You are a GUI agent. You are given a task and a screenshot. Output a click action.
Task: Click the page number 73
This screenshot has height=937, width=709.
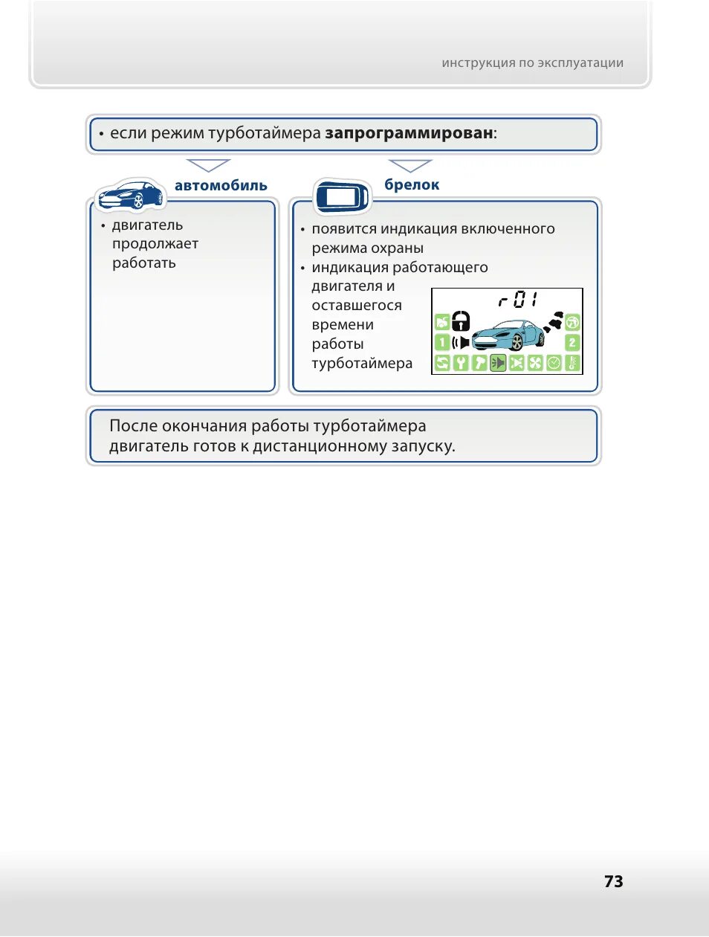[613, 881]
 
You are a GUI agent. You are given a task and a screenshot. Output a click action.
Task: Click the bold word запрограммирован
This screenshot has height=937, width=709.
[409, 133]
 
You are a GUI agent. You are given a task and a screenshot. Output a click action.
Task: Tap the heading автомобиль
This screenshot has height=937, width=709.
[221, 186]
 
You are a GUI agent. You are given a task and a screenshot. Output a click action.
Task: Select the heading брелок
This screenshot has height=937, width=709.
[412, 185]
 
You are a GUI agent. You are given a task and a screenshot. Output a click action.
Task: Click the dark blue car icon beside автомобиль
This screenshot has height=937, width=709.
[131, 195]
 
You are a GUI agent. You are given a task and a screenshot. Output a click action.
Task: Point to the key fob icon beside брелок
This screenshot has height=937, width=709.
[341, 196]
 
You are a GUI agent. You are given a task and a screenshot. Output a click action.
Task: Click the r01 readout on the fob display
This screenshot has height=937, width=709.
[517, 300]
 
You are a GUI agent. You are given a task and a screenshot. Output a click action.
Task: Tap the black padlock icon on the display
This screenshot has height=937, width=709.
[462, 321]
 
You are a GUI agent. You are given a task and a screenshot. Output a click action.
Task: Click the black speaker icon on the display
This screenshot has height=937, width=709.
[462, 342]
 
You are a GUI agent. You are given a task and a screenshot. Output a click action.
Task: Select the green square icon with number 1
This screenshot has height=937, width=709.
[441, 342]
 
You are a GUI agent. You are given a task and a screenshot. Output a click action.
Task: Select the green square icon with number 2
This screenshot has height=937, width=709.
[572, 342]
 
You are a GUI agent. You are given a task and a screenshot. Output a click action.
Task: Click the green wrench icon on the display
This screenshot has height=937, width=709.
[461, 363]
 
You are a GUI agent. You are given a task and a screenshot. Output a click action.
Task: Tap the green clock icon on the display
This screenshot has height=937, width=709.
[554, 363]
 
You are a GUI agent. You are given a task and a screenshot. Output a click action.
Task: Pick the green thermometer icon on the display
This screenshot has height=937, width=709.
[572, 363]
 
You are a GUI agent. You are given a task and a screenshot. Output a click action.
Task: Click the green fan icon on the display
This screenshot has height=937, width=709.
[535, 363]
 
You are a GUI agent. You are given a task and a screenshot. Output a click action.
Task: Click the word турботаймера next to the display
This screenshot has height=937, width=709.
[362, 364]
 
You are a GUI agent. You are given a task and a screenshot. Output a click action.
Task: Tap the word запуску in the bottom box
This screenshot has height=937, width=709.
[423, 446]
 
